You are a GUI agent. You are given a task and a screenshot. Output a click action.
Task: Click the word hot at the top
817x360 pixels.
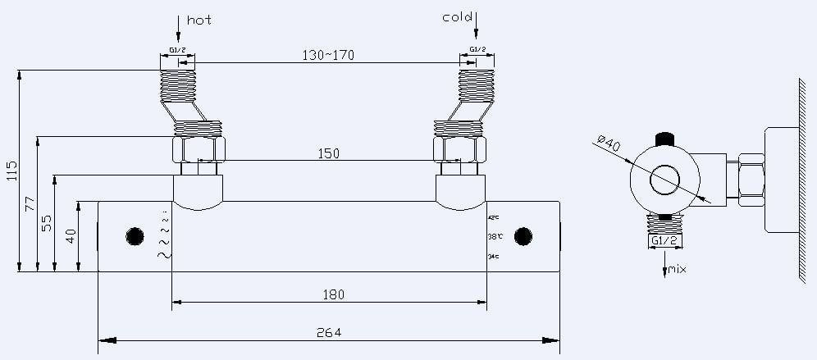click(x=199, y=20)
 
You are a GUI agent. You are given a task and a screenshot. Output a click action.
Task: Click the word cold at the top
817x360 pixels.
click(x=458, y=16)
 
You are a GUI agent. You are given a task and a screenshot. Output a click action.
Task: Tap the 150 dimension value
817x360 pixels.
click(x=327, y=153)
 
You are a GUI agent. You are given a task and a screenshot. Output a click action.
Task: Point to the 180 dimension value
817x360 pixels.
click(x=332, y=294)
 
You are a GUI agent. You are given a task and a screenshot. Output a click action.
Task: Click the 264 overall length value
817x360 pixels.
click(x=328, y=332)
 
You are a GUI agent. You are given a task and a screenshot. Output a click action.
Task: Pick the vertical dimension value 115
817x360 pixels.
click(x=11, y=171)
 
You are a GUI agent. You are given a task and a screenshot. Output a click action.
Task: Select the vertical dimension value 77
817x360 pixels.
click(x=30, y=204)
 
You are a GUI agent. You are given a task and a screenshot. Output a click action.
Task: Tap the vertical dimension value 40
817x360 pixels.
click(x=71, y=236)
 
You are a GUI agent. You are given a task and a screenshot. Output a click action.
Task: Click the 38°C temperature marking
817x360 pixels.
click(x=494, y=237)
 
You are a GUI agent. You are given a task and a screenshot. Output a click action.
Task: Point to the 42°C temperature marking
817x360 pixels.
click(x=494, y=218)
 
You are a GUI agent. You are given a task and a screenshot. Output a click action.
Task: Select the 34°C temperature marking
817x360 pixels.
click(x=494, y=257)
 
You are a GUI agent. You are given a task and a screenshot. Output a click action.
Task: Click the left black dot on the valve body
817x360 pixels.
click(x=135, y=237)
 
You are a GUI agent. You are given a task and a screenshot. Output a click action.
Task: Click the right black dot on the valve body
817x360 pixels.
click(x=523, y=237)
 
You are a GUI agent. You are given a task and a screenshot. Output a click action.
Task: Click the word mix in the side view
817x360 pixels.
click(x=677, y=269)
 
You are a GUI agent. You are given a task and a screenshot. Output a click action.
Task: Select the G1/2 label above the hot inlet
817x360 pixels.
click(x=176, y=50)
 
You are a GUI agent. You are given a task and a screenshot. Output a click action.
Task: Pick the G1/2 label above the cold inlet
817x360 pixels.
click(x=478, y=50)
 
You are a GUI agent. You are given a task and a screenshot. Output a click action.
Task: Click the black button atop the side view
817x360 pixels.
click(x=664, y=137)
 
